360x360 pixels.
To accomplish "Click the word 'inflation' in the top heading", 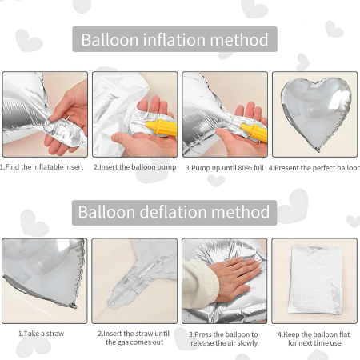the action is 174,39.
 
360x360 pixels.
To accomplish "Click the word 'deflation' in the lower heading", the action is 174,212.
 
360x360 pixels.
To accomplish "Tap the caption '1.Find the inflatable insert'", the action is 42,167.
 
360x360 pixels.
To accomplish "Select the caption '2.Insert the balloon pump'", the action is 134,167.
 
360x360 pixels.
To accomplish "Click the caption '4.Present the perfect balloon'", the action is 314,168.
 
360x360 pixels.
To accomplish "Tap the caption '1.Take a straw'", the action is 41,334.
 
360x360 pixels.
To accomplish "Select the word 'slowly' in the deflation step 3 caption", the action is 247,343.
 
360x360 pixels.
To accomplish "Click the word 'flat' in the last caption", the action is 344,334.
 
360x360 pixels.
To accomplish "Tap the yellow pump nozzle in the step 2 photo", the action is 162,127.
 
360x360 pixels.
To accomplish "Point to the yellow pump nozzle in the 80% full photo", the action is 254,131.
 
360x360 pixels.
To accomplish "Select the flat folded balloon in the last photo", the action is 316,280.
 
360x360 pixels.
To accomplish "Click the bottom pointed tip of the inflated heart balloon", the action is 318,150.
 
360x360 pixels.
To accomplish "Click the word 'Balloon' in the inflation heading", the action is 110,39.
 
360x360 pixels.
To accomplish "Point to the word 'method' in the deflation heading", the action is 241,212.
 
